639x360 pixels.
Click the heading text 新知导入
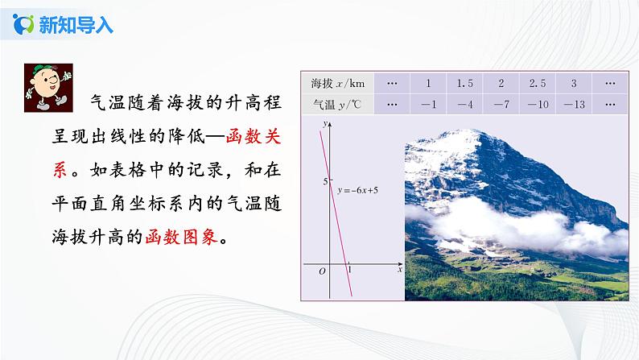tap(77, 25)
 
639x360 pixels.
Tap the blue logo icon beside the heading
tap(25, 24)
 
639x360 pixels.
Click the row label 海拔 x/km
tap(334, 83)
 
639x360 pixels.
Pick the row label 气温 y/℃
tap(334, 104)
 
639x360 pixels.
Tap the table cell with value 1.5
tap(464, 83)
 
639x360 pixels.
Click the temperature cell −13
tap(572, 104)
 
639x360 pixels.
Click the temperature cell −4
tap(464, 104)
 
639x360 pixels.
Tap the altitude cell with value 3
tap(572, 83)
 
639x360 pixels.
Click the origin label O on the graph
tap(322, 271)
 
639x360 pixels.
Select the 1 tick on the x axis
tap(348, 271)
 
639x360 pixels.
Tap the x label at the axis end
tap(399, 271)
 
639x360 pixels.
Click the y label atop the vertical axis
tap(323, 124)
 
